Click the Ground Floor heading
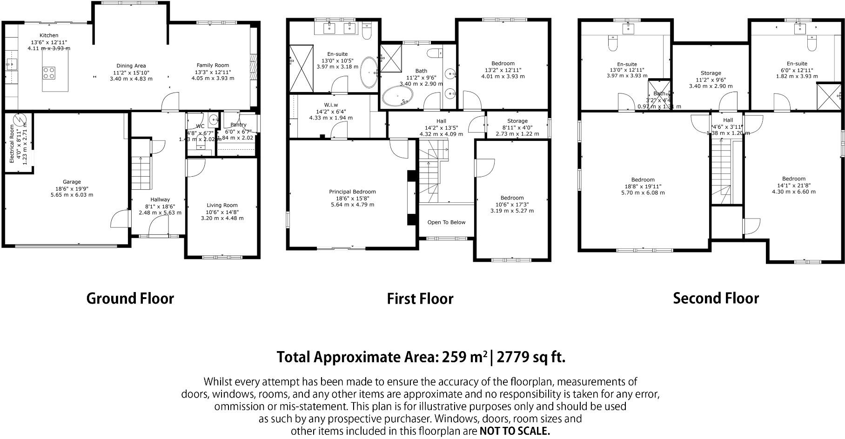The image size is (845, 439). click(130, 299)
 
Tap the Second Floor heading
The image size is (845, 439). click(716, 299)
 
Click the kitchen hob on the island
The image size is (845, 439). click(49, 73)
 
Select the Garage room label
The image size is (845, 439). click(72, 182)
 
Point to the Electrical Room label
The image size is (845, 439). click(13, 143)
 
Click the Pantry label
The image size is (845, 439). click(238, 125)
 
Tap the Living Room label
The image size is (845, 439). click(222, 205)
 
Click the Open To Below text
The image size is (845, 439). click(446, 222)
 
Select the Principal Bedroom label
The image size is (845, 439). click(352, 192)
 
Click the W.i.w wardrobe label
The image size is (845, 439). click(331, 105)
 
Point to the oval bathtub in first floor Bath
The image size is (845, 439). click(397, 98)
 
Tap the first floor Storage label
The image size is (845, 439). click(517, 121)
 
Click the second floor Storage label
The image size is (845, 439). click(711, 73)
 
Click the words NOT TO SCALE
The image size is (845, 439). click(515, 431)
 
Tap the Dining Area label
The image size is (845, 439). click(131, 66)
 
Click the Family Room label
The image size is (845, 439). click(213, 66)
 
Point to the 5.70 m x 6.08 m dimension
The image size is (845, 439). click(643, 193)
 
